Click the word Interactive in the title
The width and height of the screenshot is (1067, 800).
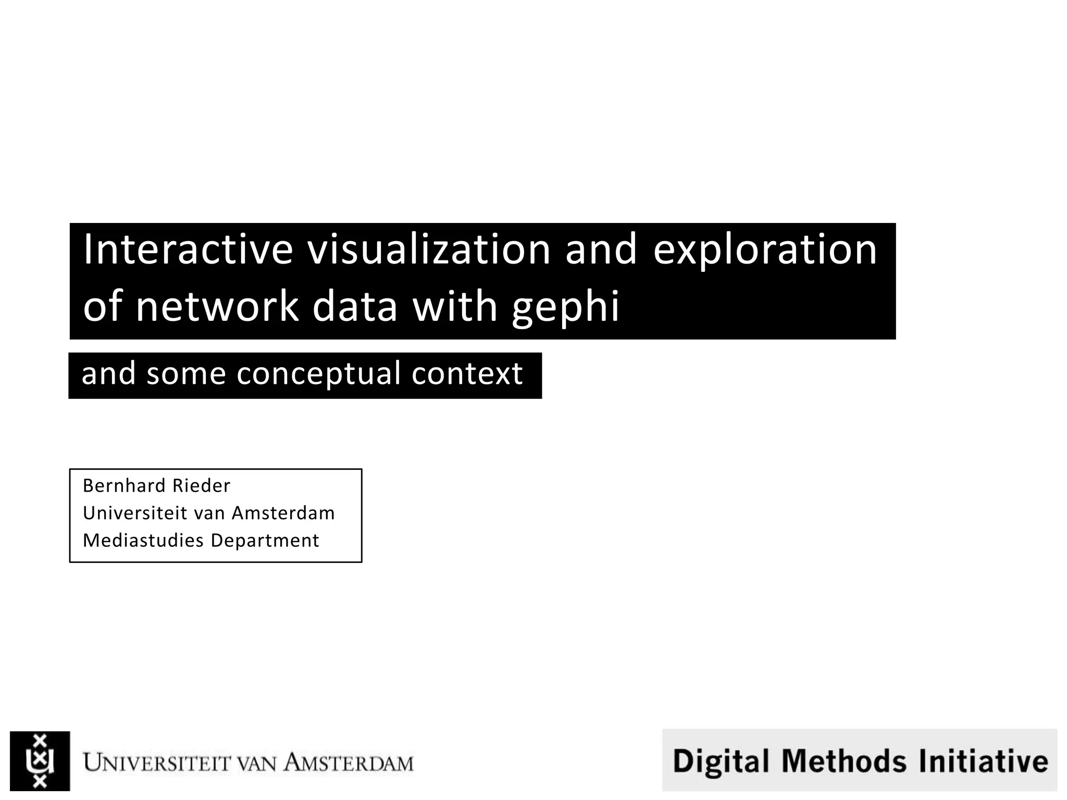(x=188, y=249)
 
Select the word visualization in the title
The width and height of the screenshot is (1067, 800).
(x=428, y=249)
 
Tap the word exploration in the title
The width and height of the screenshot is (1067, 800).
(x=765, y=249)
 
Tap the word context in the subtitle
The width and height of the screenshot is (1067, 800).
(x=467, y=374)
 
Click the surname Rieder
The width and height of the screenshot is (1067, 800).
(x=201, y=485)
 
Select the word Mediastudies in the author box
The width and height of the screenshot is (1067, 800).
(x=143, y=541)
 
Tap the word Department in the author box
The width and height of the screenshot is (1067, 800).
(x=265, y=541)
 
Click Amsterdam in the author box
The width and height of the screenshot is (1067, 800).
(x=283, y=513)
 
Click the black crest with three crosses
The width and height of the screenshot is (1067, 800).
(x=40, y=761)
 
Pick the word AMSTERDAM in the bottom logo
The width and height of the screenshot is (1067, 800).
(x=348, y=764)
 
